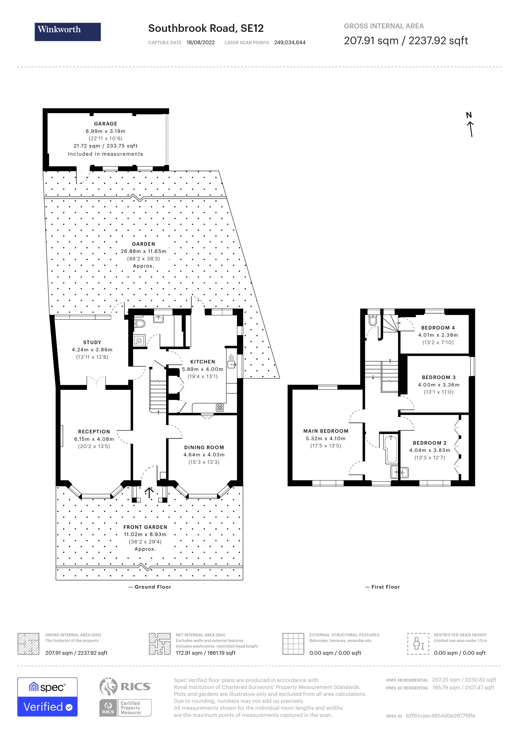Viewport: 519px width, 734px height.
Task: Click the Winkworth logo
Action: [x=67, y=32]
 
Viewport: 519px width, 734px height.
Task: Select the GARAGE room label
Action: [x=105, y=124]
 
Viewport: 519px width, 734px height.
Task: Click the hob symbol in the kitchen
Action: [x=220, y=408]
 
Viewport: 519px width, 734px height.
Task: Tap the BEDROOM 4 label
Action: [x=438, y=328]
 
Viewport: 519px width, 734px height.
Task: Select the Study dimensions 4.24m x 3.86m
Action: [x=92, y=350]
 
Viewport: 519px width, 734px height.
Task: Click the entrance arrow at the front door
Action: [x=149, y=492]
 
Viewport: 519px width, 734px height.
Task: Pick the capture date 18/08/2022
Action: [x=200, y=42]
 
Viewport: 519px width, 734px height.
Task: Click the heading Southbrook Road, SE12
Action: [x=206, y=28]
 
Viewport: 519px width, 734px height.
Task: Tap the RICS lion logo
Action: [x=109, y=686]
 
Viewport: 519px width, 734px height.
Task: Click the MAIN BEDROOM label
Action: [x=326, y=431]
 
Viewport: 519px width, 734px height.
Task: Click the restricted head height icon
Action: [x=418, y=643]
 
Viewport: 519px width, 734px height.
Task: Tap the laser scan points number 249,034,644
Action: [x=290, y=42]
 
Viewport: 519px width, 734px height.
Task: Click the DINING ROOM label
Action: [x=204, y=448]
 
